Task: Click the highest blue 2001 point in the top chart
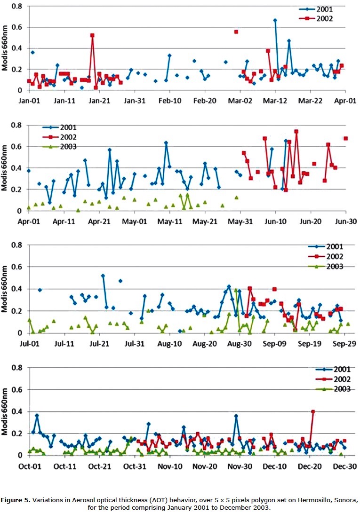click(x=275, y=20)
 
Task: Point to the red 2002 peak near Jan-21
click(x=92, y=35)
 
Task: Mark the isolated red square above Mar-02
click(x=236, y=32)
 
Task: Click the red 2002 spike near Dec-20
click(x=313, y=411)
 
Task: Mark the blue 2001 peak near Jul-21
click(x=103, y=276)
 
